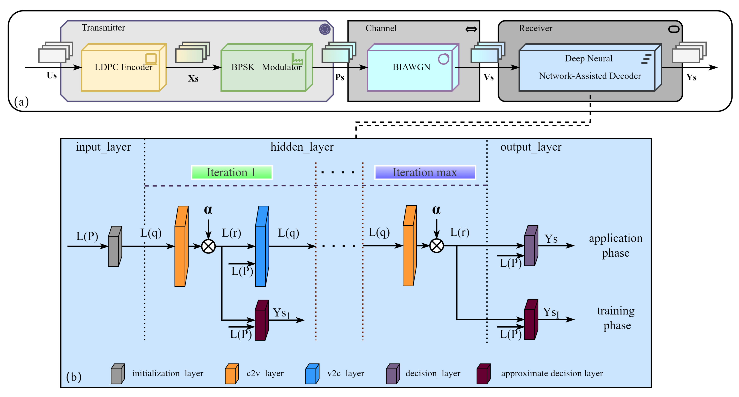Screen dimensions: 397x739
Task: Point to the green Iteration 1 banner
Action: click(x=232, y=172)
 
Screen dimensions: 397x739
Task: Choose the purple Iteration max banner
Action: click(x=425, y=172)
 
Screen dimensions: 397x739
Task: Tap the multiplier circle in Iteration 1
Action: click(x=209, y=246)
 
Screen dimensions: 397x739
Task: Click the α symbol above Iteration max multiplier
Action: click(x=436, y=210)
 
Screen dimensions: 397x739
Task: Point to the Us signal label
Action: click(x=52, y=76)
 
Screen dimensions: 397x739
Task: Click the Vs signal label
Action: click(x=488, y=77)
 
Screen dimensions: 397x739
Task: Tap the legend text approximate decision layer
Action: click(x=552, y=373)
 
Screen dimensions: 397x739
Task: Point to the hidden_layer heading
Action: click(x=302, y=147)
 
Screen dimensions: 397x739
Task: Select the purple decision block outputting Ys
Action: click(x=531, y=246)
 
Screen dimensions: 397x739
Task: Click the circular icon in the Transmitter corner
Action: click(x=325, y=29)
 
